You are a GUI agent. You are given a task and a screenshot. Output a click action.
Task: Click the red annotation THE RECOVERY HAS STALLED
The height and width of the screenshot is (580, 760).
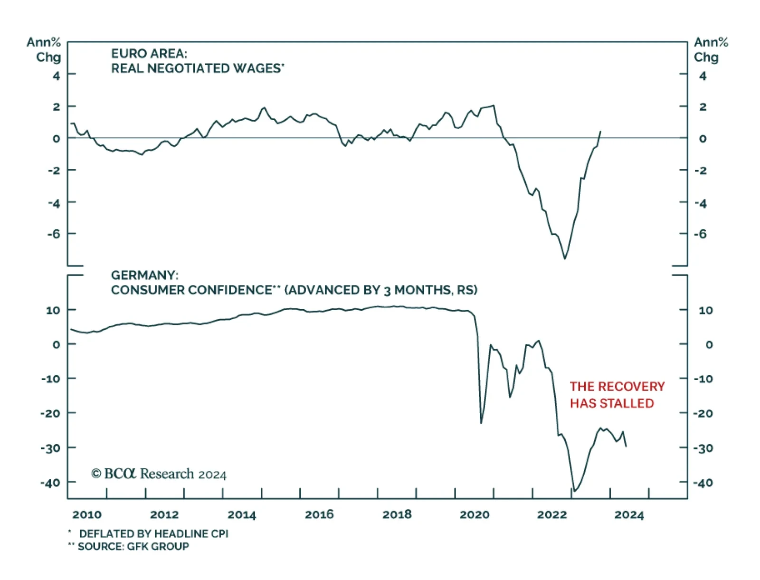coord(617,394)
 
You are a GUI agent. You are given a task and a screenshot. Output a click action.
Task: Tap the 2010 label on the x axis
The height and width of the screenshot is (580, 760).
coord(87,514)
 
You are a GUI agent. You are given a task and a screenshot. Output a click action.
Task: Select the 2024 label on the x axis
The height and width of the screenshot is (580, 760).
coord(629,514)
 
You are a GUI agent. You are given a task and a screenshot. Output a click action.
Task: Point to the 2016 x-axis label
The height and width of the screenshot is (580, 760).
coord(319,514)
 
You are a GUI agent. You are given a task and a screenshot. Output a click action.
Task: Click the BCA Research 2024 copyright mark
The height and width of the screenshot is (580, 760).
coord(159,474)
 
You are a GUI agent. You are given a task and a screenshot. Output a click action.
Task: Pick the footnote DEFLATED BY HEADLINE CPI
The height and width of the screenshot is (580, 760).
coord(153,533)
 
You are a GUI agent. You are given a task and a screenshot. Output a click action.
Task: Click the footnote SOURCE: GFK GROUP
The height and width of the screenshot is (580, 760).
coord(133,546)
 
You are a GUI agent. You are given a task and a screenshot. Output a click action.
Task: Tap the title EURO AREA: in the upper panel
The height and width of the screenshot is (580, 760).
coord(149,53)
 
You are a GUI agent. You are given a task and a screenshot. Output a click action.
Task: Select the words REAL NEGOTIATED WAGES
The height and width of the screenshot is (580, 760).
coord(196,68)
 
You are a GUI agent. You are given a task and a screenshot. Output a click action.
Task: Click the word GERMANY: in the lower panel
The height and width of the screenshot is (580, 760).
coord(144,275)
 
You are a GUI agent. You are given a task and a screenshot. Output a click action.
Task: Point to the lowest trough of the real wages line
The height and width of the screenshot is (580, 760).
coord(565,258)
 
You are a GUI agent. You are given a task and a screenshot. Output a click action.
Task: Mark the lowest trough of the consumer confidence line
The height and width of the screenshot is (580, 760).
coord(574,491)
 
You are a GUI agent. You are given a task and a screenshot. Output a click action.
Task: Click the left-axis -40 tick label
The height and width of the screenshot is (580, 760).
coord(50,483)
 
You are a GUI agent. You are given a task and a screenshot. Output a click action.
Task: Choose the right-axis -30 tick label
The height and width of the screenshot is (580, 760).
coord(703,448)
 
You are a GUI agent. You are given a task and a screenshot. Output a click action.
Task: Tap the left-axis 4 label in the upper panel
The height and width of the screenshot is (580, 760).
coord(57,76)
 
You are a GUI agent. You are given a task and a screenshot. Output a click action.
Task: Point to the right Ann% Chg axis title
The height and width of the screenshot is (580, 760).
coord(710,49)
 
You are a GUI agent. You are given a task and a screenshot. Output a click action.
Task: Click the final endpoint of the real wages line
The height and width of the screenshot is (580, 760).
coord(600,132)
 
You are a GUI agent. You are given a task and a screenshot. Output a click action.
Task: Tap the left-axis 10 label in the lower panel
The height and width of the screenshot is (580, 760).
coord(53,310)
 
